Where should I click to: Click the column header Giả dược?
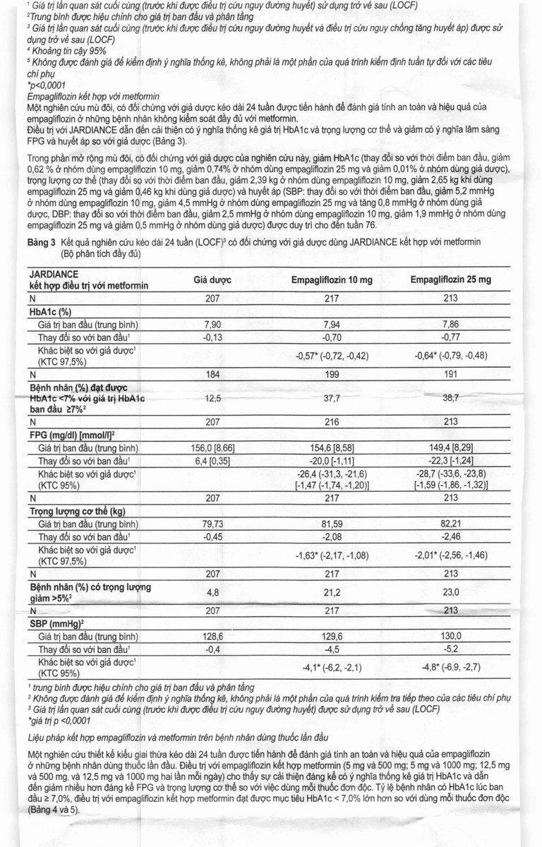(212, 280)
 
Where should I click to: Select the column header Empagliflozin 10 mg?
(332, 280)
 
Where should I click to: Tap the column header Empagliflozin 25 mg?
(451, 280)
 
